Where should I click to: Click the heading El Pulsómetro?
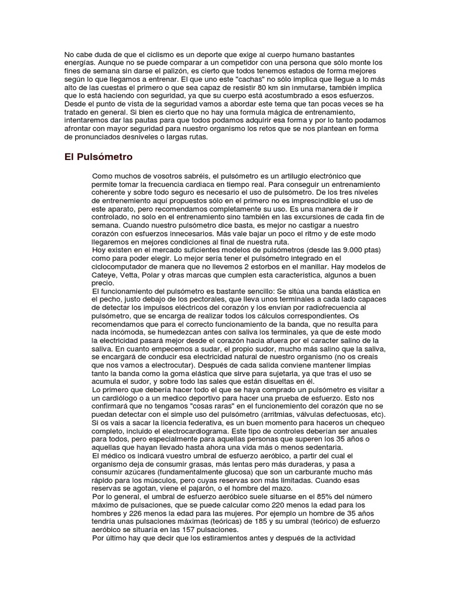click(x=98, y=157)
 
